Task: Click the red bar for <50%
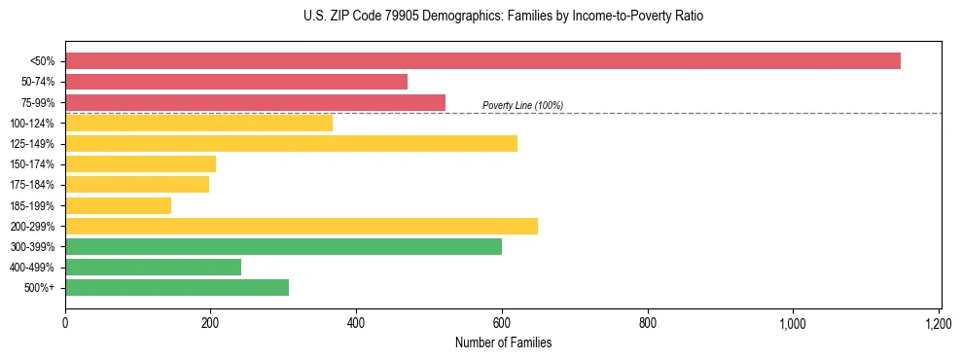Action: [482, 61]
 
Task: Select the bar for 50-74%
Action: [236, 82]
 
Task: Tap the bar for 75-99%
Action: [255, 102]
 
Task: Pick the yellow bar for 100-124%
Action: [198, 123]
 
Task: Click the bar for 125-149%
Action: [291, 143]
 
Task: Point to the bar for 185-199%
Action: [118, 205]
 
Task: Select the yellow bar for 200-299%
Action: [302, 226]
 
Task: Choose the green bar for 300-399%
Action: [283, 246]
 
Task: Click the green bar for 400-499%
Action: [153, 267]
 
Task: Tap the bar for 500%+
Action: [177, 287]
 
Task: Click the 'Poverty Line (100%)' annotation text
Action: [522, 105]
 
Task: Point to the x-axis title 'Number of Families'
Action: [503, 342]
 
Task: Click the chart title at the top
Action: [503, 17]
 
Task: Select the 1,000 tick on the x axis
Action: [793, 322]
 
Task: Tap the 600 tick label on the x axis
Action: [502, 322]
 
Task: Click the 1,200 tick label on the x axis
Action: [938, 322]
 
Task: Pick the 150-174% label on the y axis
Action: [33, 164]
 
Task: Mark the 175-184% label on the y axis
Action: [33, 185]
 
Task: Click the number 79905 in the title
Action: [401, 17]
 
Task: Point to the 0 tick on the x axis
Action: [65, 322]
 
